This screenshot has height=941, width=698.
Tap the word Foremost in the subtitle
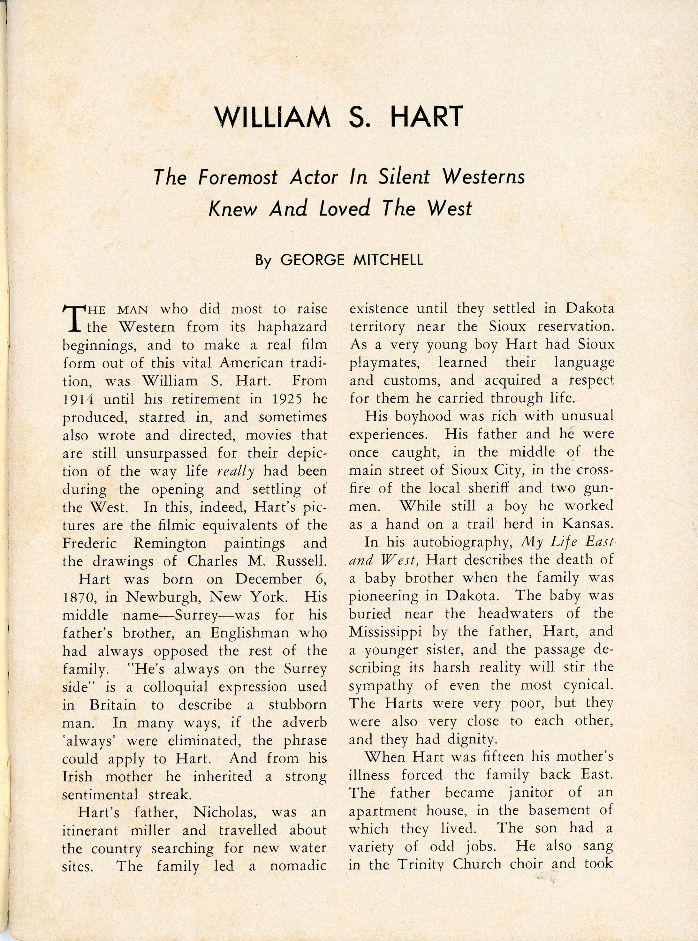pos(238,178)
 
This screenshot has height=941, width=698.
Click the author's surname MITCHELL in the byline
pos(387,259)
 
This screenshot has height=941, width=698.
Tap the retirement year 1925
pos(286,399)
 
